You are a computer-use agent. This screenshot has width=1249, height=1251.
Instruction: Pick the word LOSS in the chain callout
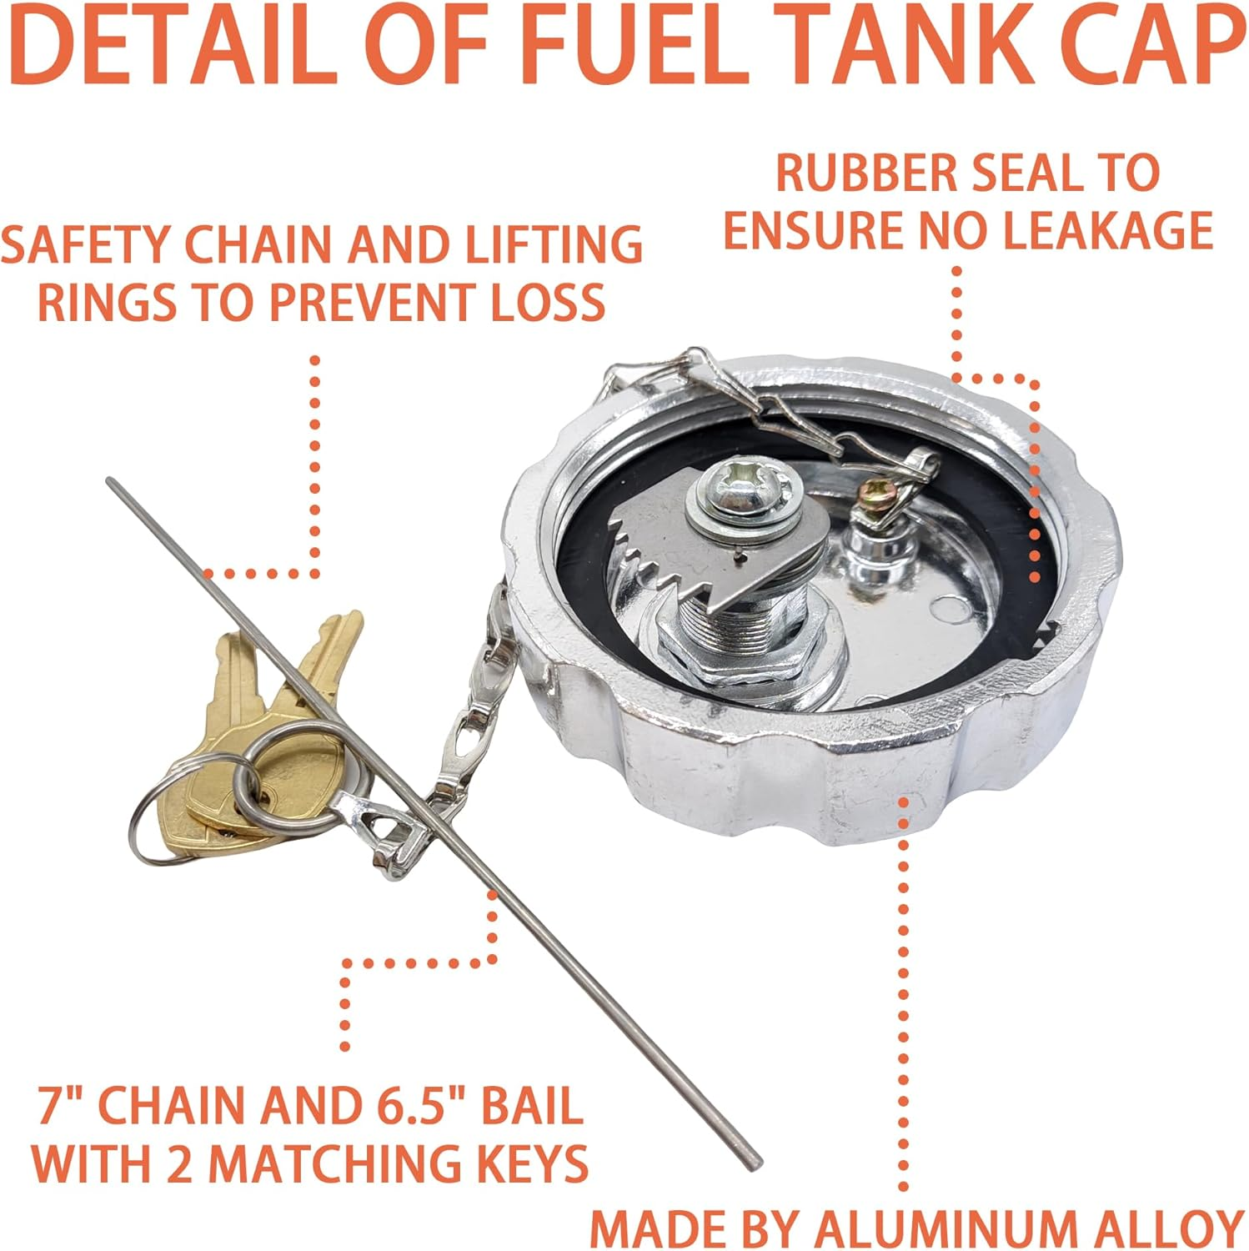[547, 302]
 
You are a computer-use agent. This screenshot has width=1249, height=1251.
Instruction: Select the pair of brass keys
[250, 734]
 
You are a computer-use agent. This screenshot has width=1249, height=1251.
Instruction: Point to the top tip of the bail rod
[111, 481]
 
